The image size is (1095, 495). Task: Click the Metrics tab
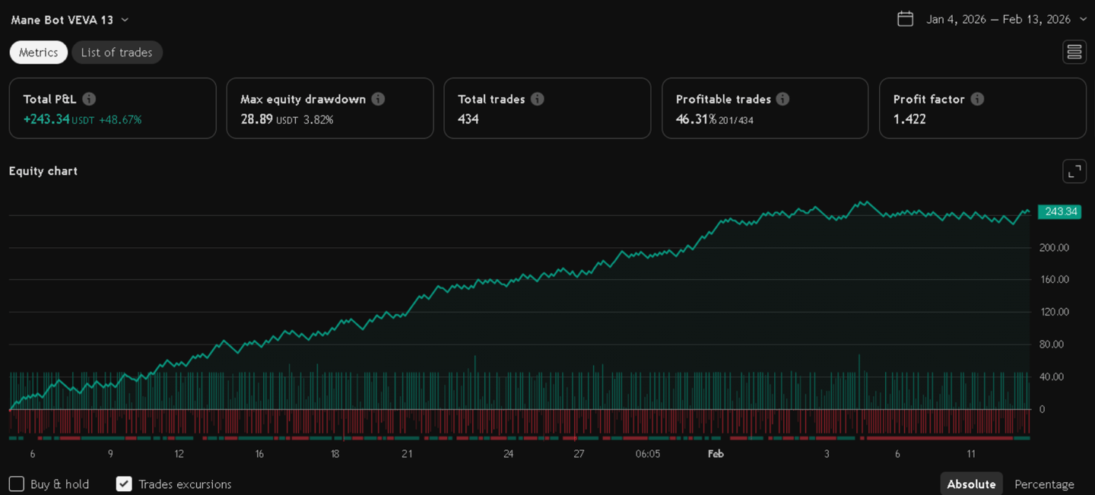click(39, 52)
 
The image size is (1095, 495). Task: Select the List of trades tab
click(116, 52)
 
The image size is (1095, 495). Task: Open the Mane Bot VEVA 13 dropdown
click(70, 20)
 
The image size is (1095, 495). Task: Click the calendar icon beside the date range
click(905, 19)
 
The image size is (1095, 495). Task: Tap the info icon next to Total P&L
click(89, 99)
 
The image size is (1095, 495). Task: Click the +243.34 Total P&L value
click(46, 119)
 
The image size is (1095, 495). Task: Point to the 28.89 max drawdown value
click(256, 119)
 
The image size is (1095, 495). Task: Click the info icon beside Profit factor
click(977, 99)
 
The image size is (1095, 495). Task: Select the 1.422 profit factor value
click(909, 119)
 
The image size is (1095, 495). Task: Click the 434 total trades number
click(468, 119)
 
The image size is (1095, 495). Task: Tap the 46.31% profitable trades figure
click(696, 119)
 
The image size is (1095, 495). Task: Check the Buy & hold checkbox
click(17, 484)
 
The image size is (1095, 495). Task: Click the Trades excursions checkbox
click(124, 484)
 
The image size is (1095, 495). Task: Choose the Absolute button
click(971, 484)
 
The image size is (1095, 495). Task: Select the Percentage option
click(1044, 484)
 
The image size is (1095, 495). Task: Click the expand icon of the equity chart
click(1074, 171)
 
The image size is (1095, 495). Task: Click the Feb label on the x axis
click(716, 454)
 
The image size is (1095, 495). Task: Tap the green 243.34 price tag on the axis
click(1060, 211)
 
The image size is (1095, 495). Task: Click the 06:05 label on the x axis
click(647, 454)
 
